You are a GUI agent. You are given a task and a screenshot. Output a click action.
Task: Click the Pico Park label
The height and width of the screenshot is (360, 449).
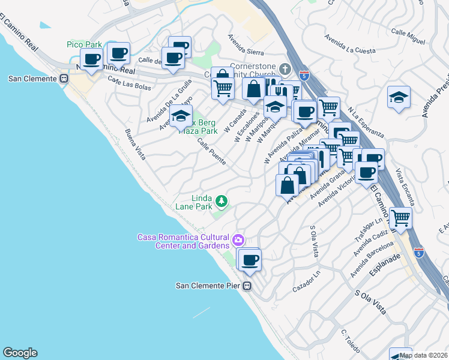click(84, 45)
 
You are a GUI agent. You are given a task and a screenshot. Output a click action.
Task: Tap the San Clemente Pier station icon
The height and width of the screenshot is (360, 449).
click(247, 286)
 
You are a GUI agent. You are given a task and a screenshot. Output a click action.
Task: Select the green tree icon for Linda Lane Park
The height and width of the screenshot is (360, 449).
click(222, 201)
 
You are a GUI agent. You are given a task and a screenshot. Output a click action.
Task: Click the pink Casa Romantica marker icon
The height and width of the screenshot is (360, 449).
click(238, 241)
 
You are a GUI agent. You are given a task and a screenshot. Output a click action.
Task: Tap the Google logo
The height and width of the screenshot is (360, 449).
click(20, 353)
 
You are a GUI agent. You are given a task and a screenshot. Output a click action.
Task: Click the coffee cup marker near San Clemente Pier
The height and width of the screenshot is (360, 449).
click(250, 260)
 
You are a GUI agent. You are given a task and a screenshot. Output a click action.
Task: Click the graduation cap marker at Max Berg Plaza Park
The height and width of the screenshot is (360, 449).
click(180, 118)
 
